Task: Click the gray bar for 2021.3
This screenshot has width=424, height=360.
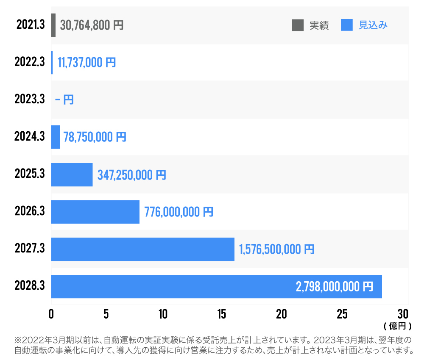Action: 53,25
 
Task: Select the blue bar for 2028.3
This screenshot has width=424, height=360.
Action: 216,286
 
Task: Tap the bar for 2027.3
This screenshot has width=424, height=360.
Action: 142,249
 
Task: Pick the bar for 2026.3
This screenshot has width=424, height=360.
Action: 95,212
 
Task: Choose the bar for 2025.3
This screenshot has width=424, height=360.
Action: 72,174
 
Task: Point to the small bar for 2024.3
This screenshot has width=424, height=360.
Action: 56,137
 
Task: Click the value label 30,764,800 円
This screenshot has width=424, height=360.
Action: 92,25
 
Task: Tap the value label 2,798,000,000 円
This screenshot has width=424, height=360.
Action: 335,287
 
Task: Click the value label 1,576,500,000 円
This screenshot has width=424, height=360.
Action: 277,249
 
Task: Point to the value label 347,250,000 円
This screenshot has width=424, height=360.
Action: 132,174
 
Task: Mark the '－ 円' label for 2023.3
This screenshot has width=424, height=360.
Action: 64,100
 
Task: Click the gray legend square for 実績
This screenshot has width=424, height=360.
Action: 298,25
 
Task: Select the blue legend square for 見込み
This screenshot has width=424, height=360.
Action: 347,25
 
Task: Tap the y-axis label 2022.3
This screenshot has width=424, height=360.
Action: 29,62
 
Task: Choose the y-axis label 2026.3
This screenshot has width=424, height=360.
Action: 29,211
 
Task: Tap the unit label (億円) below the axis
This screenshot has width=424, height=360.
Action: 397,326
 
